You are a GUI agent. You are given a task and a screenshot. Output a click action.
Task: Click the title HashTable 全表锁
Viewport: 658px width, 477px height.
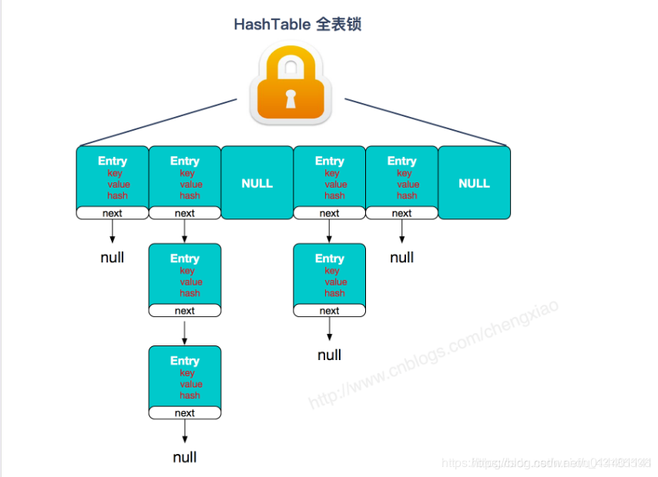(x=297, y=25)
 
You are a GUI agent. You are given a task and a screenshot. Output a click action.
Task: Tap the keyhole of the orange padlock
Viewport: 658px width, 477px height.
(x=291, y=99)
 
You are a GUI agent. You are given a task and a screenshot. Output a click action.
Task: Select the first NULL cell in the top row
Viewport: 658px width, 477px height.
(x=257, y=183)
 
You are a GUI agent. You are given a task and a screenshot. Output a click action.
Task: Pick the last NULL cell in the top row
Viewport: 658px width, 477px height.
(x=474, y=183)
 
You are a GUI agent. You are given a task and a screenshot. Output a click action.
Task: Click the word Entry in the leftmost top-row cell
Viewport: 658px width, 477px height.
(x=112, y=161)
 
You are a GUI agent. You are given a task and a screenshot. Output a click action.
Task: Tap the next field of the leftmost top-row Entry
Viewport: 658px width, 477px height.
(x=112, y=213)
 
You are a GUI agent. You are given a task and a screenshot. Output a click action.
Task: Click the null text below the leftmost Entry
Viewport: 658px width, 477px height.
(x=112, y=257)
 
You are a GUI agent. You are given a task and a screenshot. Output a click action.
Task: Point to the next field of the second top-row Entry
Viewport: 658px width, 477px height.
(x=185, y=213)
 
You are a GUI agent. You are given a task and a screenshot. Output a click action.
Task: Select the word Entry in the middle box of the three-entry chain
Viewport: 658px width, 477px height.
(x=185, y=259)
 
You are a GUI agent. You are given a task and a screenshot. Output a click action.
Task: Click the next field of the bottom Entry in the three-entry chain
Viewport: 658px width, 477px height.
(x=185, y=413)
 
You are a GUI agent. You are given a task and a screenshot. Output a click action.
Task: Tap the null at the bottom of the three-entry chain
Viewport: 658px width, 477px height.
(x=185, y=457)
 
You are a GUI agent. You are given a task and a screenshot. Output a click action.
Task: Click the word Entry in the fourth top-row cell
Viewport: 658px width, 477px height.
(x=330, y=161)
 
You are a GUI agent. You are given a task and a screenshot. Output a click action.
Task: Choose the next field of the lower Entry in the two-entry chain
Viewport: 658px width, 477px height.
(x=330, y=311)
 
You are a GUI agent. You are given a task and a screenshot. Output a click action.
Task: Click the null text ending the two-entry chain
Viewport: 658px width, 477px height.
(x=330, y=355)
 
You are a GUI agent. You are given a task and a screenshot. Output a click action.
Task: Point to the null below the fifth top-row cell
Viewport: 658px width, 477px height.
(x=402, y=257)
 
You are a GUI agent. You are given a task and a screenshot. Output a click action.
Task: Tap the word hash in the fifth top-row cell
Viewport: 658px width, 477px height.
(x=407, y=195)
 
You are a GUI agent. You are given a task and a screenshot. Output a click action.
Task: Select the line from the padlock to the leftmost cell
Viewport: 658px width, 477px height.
(x=158, y=122)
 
